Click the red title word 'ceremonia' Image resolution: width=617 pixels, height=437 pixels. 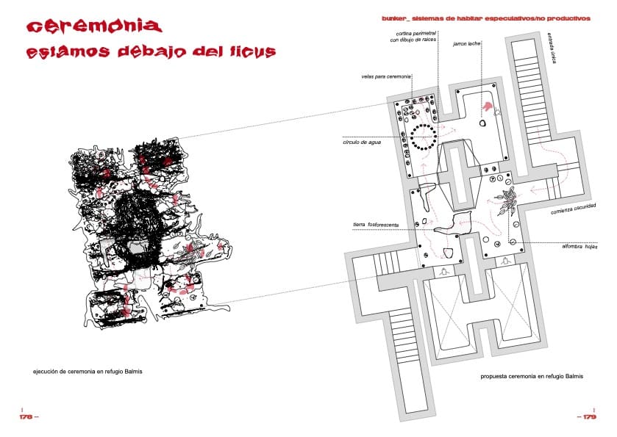93,26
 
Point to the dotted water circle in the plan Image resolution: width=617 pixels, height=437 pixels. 424,136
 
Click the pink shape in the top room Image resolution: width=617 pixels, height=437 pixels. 486,109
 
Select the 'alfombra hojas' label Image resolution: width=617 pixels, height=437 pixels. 577,246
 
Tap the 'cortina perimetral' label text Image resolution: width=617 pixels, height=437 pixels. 415,36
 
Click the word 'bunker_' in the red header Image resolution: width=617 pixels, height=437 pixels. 398,18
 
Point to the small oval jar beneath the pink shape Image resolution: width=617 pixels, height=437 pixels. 482,123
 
